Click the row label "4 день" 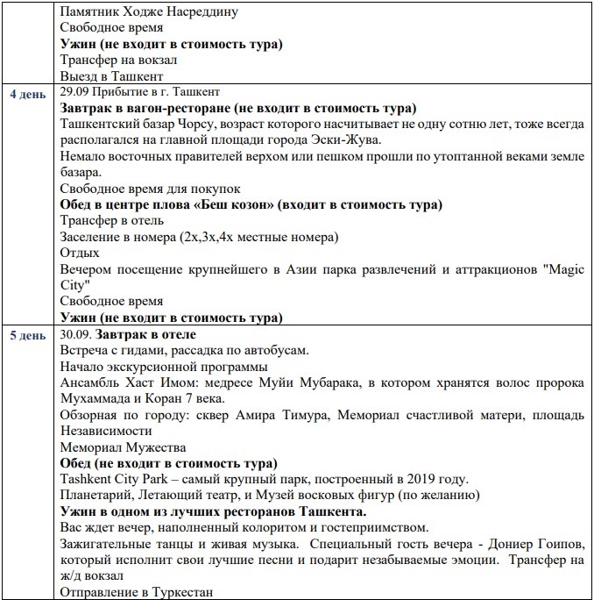click(x=28, y=92)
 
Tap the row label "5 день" click(x=28, y=335)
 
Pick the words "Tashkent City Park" click(x=116, y=478)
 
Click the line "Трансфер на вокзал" click(x=119, y=61)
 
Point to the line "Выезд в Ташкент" click(x=109, y=76)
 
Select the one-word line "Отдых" click(x=80, y=253)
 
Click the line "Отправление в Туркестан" click(x=138, y=591)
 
